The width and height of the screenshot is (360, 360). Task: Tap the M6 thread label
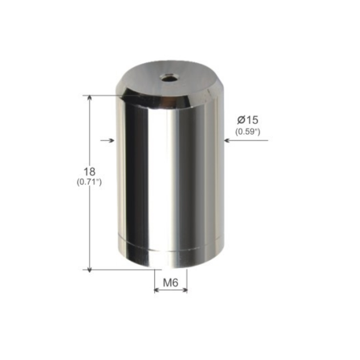[171, 283]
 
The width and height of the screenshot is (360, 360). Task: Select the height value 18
[90, 172]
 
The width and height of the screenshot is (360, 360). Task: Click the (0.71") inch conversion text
[89, 182]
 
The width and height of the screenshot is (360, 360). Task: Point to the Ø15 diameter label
[248, 120]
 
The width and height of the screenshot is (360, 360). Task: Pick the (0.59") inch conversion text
[248, 132]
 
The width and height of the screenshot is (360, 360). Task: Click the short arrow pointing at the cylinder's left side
[107, 140]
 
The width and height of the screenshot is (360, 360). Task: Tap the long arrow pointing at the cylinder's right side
[246, 140]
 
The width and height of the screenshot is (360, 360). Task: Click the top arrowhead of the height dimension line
[90, 97]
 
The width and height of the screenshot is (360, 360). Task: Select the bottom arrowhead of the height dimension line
[90, 270]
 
